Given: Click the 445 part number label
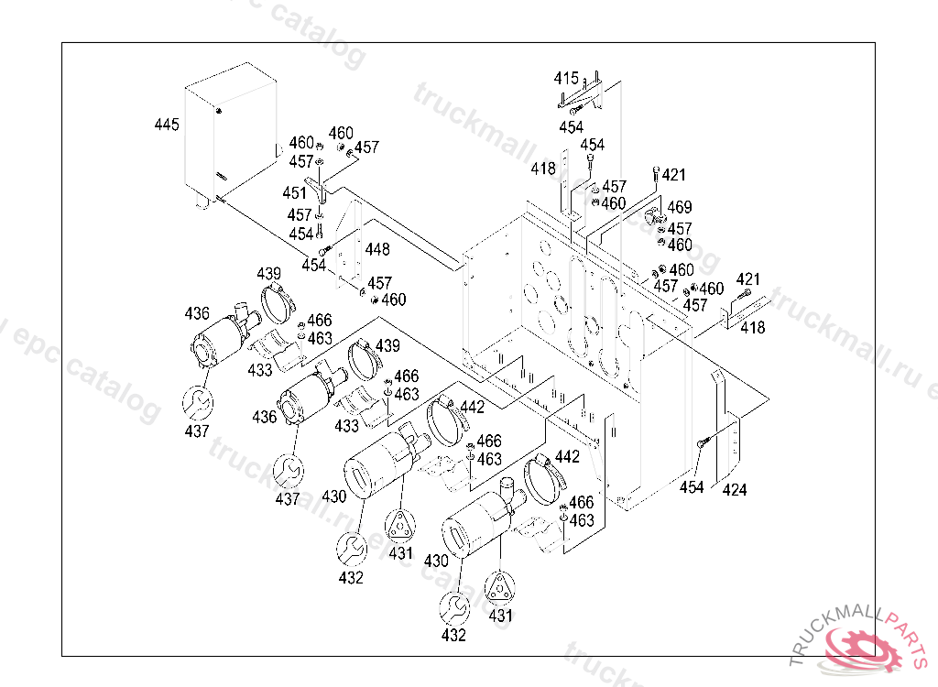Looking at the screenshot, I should [x=167, y=124].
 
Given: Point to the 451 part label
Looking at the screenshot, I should [x=295, y=194].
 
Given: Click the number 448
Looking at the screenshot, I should [x=376, y=249].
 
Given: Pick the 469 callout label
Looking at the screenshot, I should [x=680, y=208].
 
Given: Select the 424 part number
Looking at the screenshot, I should [x=735, y=490].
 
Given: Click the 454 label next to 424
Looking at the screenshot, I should [x=693, y=488].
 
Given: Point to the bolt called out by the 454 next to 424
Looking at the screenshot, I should [x=703, y=442].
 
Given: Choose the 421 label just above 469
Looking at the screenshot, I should [x=673, y=175].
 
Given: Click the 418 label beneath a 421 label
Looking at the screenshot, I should [x=753, y=328].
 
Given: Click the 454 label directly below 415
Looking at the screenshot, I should [x=572, y=126].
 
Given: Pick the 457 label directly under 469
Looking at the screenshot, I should [x=680, y=228].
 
